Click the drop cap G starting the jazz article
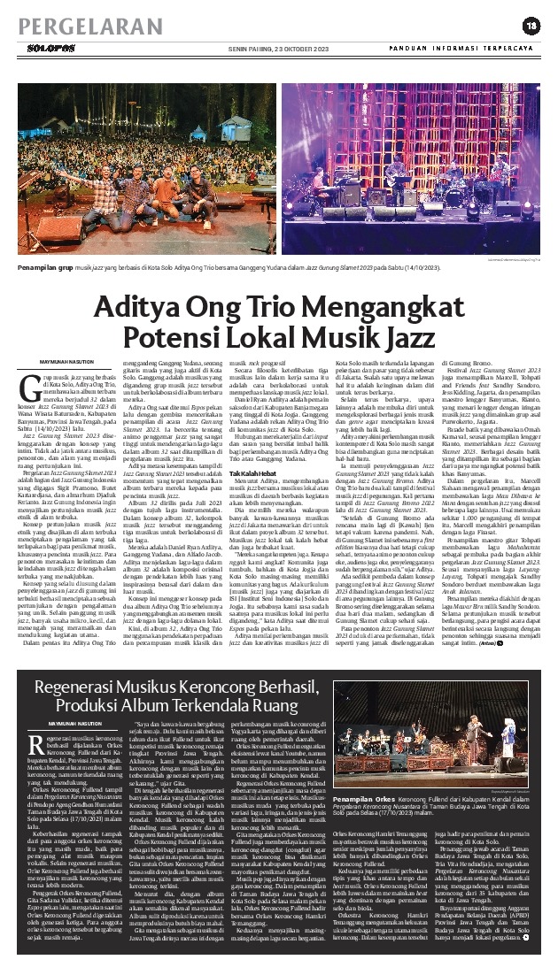[26, 411]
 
